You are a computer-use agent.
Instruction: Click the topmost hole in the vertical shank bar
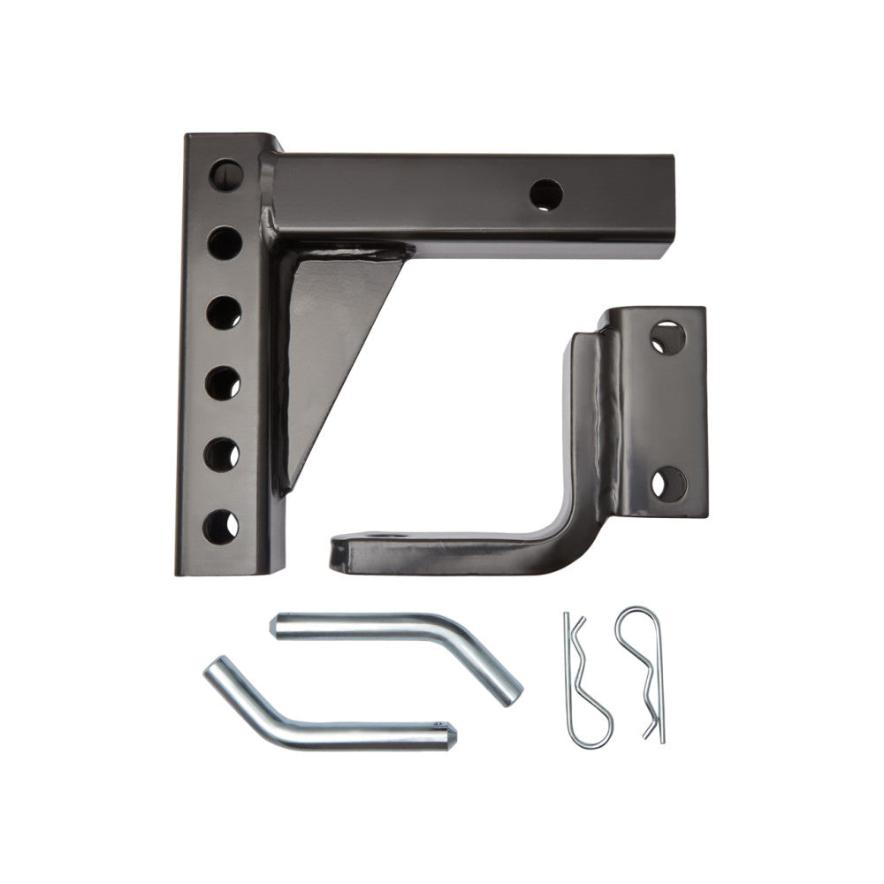tap(226, 175)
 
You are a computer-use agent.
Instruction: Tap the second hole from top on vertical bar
tap(226, 241)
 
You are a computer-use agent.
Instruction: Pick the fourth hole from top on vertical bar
tap(225, 384)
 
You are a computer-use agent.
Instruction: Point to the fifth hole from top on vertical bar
tap(223, 454)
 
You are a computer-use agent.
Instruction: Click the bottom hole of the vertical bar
tap(220, 527)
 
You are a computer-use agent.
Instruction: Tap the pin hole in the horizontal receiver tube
tap(546, 194)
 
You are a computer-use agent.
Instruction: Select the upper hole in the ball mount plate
tap(669, 339)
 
